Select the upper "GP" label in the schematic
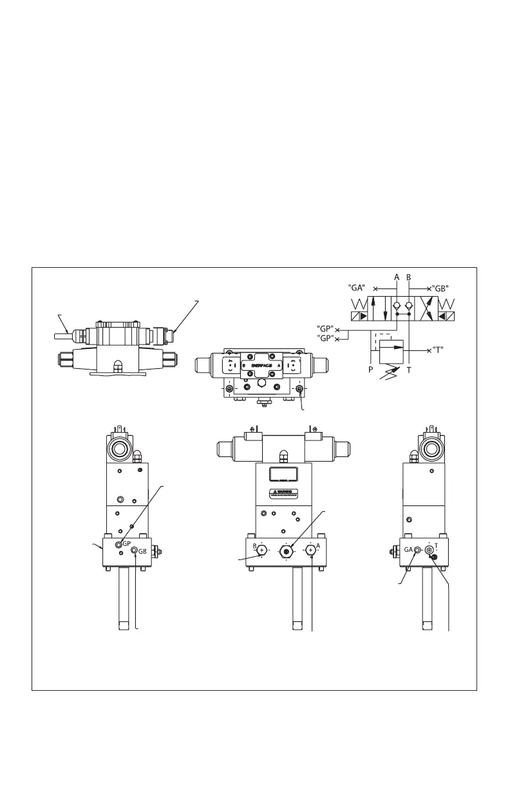pyautogui.click(x=326, y=327)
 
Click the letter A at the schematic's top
pyautogui.click(x=397, y=276)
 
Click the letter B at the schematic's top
pyautogui.click(x=409, y=276)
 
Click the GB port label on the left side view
pyautogui.click(x=143, y=552)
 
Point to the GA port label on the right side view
pyautogui.click(x=408, y=549)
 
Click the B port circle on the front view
pyautogui.click(x=261, y=550)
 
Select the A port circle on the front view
pyautogui.click(x=310, y=550)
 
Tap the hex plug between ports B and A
pyautogui.click(x=286, y=551)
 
